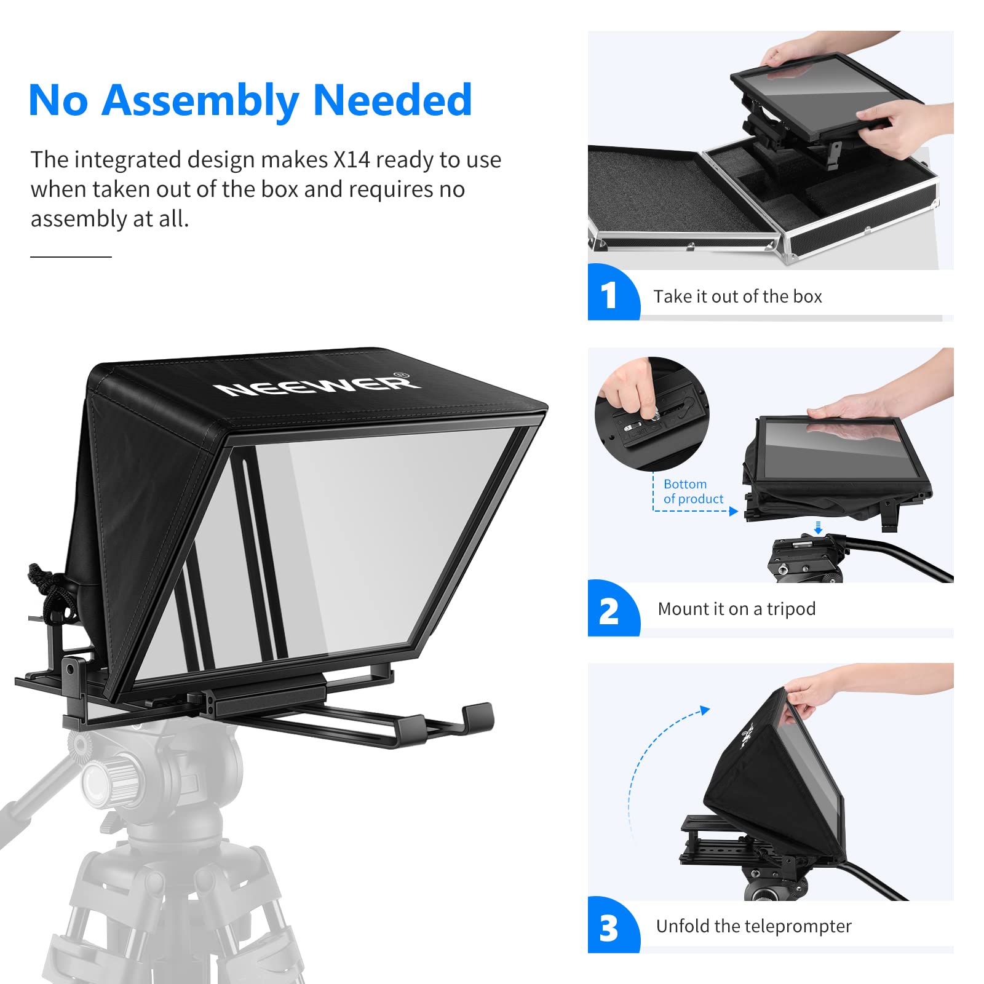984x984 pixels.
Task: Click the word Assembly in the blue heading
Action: [200, 100]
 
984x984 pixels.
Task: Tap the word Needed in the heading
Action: [392, 100]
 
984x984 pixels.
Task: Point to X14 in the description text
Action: [351, 160]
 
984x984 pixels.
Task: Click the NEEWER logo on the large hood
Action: [317, 385]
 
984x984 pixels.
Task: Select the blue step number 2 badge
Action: [609, 611]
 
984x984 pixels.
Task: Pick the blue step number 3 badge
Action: [609, 928]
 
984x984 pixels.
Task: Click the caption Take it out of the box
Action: [737, 296]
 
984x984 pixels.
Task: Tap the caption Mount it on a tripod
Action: [736, 609]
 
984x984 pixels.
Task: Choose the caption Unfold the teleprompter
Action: [753, 926]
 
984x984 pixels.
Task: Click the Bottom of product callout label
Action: [693, 491]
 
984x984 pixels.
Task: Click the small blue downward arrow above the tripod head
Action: [818, 528]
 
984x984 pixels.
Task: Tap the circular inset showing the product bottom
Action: [652, 413]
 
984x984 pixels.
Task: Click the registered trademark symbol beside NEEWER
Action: [400, 375]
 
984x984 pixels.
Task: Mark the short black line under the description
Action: [71, 256]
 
